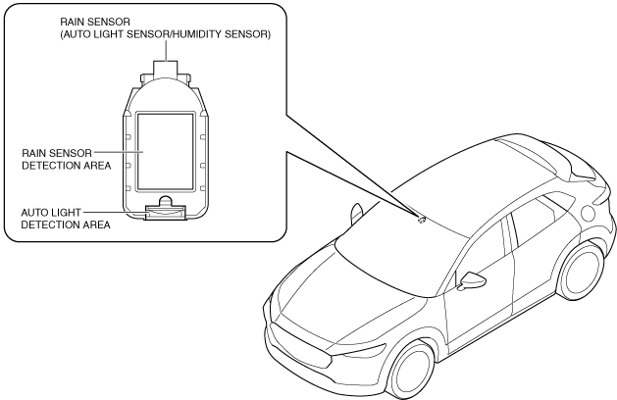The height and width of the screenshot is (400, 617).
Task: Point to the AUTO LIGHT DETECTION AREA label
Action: tap(63, 218)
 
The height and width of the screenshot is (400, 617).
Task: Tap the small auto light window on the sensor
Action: tap(163, 208)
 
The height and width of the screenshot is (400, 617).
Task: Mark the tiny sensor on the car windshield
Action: tap(422, 220)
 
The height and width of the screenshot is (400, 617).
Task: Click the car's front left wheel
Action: tap(412, 370)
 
